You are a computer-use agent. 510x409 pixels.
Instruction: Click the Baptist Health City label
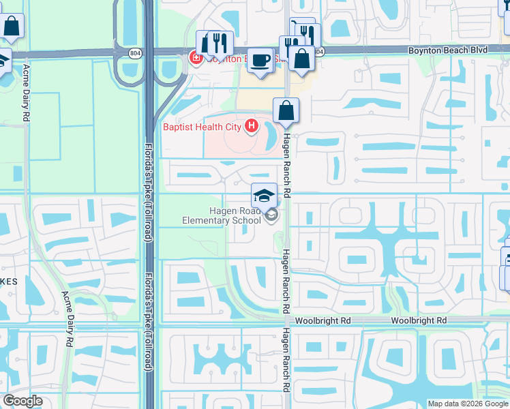coord(202,126)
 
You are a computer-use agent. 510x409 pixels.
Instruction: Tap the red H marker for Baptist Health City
coord(252,125)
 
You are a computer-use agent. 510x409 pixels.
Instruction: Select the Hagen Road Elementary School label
coord(222,215)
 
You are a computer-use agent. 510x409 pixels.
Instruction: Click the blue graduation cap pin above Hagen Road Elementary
coord(264,196)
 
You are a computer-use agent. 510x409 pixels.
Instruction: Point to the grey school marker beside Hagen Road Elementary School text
coord(272,216)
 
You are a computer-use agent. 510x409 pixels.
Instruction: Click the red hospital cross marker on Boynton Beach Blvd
coord(194,59)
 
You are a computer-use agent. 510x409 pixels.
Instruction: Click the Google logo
coord(22,401)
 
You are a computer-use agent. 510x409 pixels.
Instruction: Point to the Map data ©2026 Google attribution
coord(468,404)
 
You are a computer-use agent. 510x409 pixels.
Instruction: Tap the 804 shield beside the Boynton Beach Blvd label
coord(319,51)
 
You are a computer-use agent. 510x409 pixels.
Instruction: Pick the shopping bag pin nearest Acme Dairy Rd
coord(12,27)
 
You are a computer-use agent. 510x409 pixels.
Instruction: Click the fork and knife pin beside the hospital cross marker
coord(220,42)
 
